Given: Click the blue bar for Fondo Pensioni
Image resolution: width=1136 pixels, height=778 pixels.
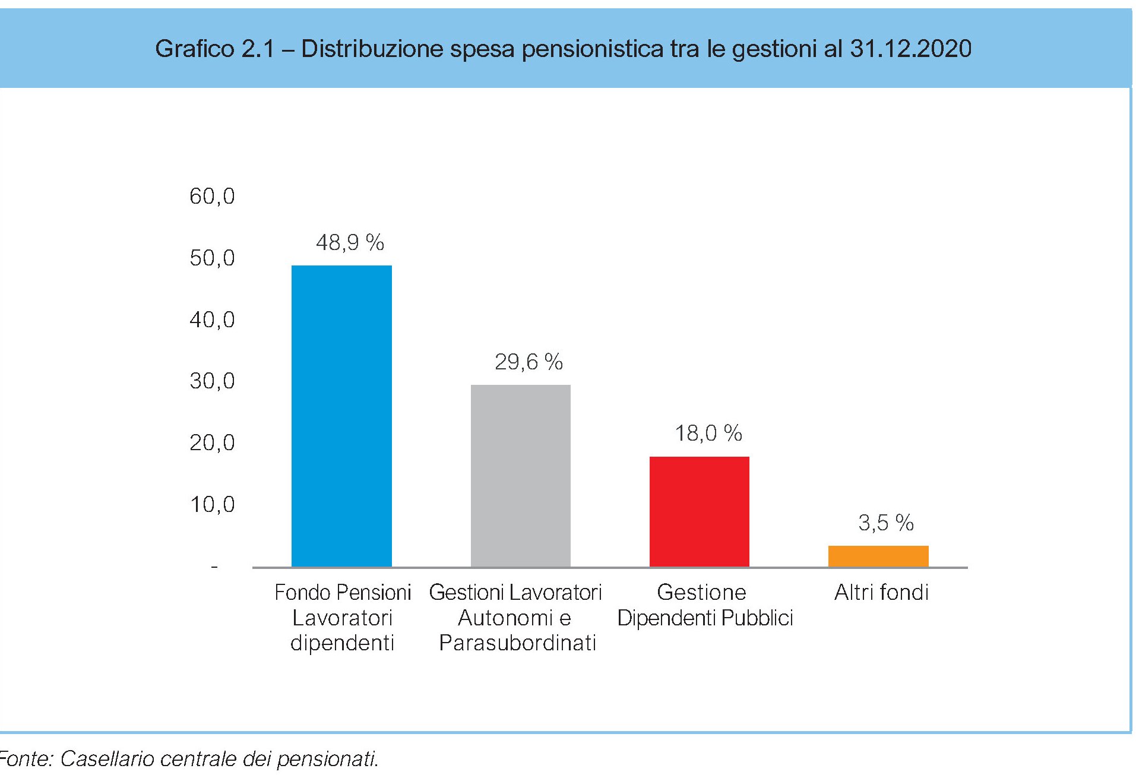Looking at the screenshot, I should (341, 416).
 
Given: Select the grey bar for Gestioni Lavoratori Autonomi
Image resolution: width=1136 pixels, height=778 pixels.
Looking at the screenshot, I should (521, 475).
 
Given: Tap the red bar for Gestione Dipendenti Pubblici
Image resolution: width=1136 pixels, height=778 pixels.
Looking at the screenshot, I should (700, 511).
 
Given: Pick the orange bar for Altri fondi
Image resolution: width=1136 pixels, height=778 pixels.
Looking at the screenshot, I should (878, 556).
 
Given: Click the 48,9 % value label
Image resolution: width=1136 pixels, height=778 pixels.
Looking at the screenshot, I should (350, 242).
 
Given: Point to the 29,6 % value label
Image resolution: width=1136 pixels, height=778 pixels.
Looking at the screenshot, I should (529, 362).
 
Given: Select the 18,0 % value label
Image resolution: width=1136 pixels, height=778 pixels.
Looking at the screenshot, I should (708, 434).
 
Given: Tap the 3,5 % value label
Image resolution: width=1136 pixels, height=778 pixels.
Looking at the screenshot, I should (885, 523).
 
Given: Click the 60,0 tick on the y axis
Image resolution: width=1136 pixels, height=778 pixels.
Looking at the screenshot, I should (212, 196).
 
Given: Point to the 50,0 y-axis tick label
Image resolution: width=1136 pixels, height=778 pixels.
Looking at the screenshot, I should (212, 258).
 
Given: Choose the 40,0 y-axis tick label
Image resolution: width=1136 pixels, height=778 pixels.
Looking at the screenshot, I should (212, 320).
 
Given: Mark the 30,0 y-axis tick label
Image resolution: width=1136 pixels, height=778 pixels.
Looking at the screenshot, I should (212, 381).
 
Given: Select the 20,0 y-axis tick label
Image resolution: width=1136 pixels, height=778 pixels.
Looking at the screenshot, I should (212, 442).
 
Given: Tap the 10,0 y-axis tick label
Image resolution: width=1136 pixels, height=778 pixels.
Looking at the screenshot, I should (212, 504).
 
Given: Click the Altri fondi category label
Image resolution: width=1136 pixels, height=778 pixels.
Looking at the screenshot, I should (881, 592).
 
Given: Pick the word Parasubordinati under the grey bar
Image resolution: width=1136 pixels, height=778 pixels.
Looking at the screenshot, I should (517, 643).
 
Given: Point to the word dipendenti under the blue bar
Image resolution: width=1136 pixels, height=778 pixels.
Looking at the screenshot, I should (342, 643).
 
